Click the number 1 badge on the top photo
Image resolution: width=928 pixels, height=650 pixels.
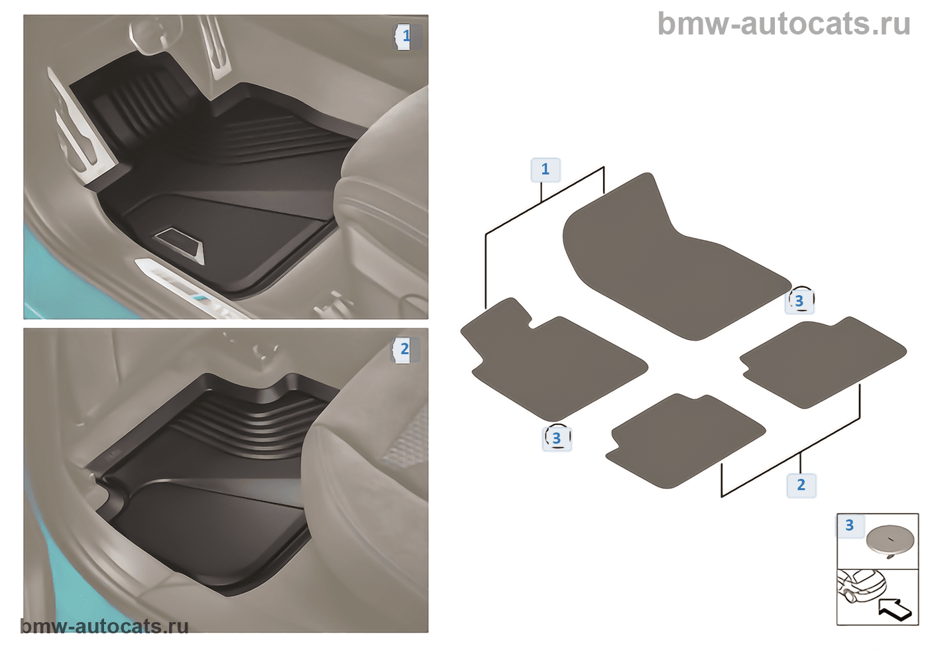(407, 36)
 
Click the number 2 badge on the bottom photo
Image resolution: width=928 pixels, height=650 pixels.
(405, 349)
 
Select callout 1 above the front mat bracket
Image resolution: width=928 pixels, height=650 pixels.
(546, 169)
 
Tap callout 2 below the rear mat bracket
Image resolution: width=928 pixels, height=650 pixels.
(801, 485)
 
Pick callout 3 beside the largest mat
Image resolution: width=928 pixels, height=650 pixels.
(799, 300)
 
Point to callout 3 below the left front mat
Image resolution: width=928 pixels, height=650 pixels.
(557, 438)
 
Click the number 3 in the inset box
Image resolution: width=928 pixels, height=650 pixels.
(850, 525)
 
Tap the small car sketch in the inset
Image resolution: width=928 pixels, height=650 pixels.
(861, 586)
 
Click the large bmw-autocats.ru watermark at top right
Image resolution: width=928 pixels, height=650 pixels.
(783, 24)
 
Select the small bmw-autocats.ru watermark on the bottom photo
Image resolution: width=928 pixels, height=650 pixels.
(105, 626)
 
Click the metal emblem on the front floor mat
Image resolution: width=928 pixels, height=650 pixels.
(180, 244)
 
